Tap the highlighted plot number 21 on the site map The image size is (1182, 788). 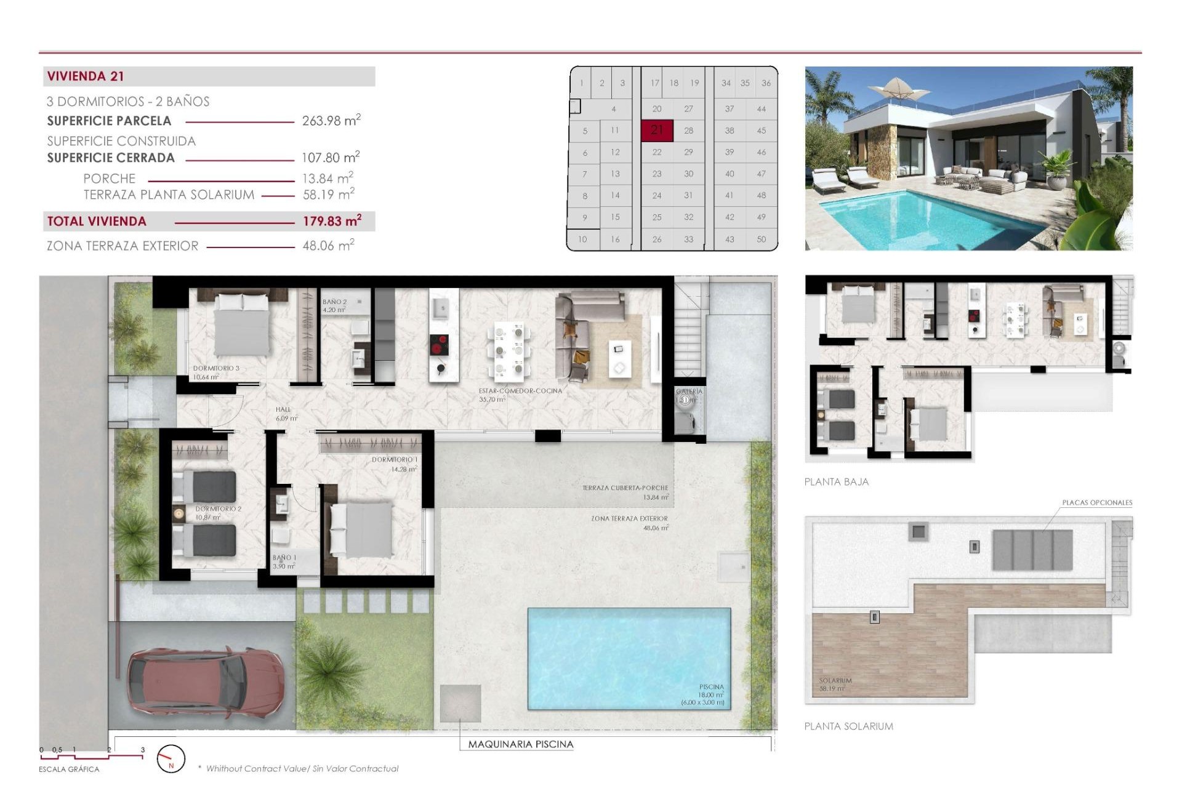[x=657, y=130]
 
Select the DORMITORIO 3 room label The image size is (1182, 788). [x=216, y=368]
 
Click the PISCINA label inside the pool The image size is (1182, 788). [x=711, y=686]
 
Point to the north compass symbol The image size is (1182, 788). [x=171, y=759]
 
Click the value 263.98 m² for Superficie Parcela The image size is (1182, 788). [x=331, y=121]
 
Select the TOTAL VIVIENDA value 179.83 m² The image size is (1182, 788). [x=331, y=221]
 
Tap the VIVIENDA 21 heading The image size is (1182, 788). [x=86, y=76]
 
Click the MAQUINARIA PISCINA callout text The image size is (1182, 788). [x=520, y=744]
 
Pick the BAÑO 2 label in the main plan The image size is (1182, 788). [x=334, y=302]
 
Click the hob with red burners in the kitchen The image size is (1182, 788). [x=439, y=345]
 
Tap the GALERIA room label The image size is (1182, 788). [x=689, y=392]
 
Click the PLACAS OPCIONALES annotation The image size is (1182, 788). [x=1096, y=502]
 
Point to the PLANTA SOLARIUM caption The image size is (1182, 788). [x=848, y=726]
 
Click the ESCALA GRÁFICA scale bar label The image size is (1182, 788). [x=69, y=770]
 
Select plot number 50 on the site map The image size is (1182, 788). [x=761, y=239]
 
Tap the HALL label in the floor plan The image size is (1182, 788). [x=283, y=409]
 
